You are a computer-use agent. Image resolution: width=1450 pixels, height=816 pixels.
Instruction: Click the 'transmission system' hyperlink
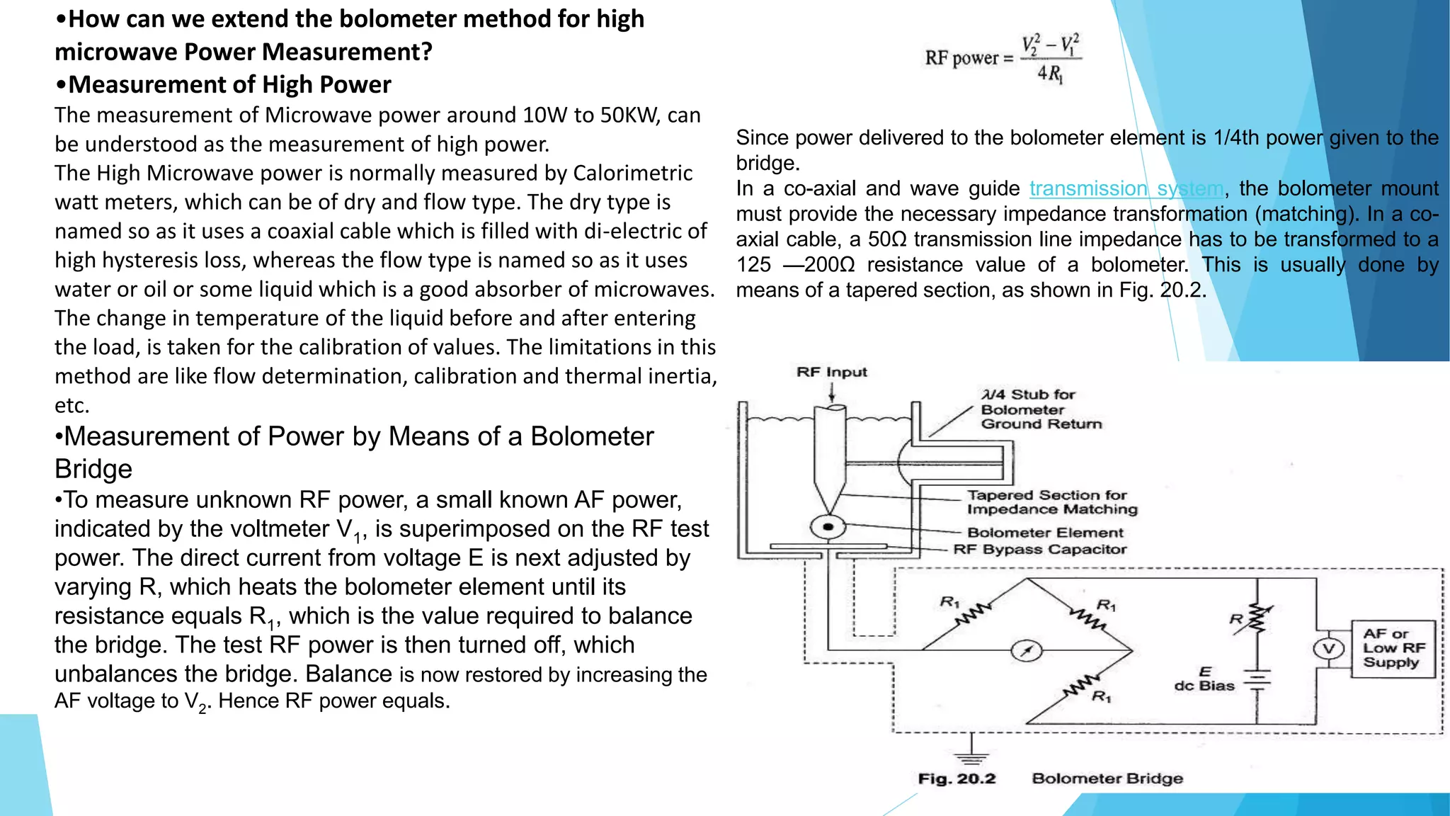[x=1126, y=188]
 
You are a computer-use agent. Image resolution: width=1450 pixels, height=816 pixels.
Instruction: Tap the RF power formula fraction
[x=1051, y=58]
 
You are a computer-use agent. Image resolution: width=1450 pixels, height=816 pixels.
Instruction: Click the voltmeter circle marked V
[x=1329, y=649]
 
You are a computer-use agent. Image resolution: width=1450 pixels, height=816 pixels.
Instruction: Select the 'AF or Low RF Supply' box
[x=1393, y=648]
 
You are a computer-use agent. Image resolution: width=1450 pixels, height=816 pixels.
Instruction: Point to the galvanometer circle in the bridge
[x=1026, y=650]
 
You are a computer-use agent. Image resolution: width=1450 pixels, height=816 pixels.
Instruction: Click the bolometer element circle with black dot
[x=828, y=527]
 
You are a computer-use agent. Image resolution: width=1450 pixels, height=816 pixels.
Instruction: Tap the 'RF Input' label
[x=831, y=372]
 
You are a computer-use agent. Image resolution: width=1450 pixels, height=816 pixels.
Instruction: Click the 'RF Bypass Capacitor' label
[x=1039, y=550]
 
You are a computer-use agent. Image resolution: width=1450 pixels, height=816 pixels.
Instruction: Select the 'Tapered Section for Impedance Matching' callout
[x=1051, y=502]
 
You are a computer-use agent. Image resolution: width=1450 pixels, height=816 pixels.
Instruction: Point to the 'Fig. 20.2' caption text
[x=957, y=778]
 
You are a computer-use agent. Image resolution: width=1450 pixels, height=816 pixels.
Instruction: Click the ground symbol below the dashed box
[x=971, y=756]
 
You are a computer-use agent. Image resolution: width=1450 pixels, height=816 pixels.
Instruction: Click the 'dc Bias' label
[x=1204, y=686]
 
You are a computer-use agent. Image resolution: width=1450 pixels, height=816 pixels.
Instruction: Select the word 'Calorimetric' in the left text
[x=632, y=173]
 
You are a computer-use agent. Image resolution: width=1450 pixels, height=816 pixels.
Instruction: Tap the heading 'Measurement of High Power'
[x=229, y=84]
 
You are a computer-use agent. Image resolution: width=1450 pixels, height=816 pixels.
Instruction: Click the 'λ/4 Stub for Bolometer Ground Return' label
[x=1041, y=409]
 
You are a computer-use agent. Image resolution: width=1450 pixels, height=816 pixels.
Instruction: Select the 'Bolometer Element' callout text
[x=1045, y=533]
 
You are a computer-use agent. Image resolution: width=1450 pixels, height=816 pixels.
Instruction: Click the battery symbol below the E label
[x=1257, y=681]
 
